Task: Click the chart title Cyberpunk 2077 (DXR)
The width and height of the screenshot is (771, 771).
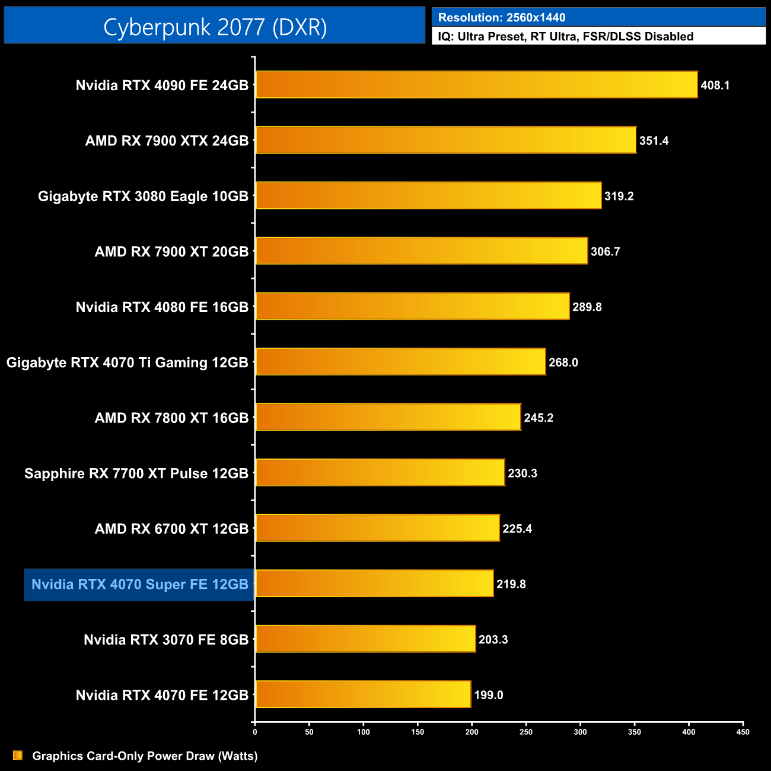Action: click(x=215, y=27)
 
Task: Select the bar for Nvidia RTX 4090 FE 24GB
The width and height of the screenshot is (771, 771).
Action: click(x=476, y=85)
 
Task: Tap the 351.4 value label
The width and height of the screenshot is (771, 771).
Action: click(x=654, y=141)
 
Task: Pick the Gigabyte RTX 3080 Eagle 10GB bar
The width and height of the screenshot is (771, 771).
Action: click(x=428, y=196)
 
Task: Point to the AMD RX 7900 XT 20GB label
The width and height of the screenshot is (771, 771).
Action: click(x=171, y=251)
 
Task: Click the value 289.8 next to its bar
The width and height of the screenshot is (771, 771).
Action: click(x=587, y=307)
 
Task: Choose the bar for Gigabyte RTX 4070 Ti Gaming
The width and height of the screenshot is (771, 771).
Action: click(x=400, y=362)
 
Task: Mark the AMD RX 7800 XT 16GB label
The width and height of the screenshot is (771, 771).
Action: click(x=171, y=418)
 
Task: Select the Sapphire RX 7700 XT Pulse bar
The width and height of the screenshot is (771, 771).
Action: click(x=380, y=473)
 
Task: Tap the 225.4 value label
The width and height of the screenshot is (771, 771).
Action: click(x=517, y=528)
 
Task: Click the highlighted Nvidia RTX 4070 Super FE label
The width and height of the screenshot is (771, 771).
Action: click(x=139, y=584)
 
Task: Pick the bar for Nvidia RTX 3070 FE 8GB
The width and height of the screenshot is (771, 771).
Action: click(x=365, y=639)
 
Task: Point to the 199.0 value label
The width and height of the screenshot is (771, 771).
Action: click(x=488, y=695)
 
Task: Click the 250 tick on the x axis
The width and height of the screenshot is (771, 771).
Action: click(x=526, y=732)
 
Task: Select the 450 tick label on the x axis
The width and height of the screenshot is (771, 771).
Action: click(x=743, y=732)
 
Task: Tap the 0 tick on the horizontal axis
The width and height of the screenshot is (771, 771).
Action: click(x=255, y=732)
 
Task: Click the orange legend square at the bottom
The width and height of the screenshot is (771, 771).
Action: click(x=18, y=755)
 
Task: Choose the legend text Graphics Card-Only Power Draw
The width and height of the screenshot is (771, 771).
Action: click(x=145, y=756)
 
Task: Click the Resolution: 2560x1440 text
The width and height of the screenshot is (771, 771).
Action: click(x=502, y=18)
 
